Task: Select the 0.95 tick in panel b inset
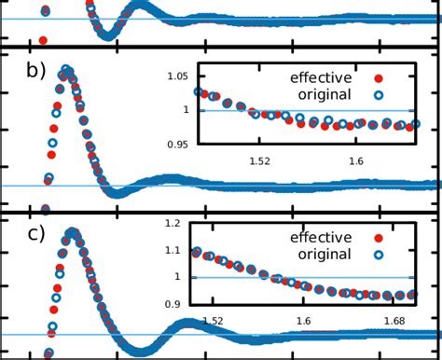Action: click(x=173, y=144)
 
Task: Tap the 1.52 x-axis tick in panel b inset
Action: click(x=260, y=160)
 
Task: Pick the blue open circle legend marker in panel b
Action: click(x=377, y=95)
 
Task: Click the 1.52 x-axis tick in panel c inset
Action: click(x=213, y=322)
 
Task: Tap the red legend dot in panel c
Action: click(x=377, y=239)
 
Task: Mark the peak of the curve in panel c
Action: click(x=72, y=231)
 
